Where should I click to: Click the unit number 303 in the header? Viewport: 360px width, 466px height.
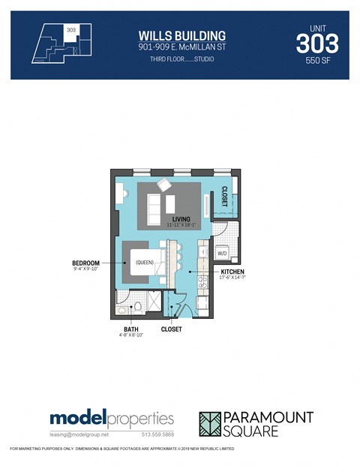point(316,44)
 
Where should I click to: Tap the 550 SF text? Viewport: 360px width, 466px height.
point(317,64)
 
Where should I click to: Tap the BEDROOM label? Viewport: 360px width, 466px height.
point(87,263)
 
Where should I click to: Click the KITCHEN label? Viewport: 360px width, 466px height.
point(232,271)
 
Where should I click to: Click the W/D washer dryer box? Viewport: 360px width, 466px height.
point(222,254)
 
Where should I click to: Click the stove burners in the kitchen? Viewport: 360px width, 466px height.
point(200,282)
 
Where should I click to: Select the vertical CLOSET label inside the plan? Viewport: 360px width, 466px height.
point(223,196)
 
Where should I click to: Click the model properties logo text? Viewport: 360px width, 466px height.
point(112,419)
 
